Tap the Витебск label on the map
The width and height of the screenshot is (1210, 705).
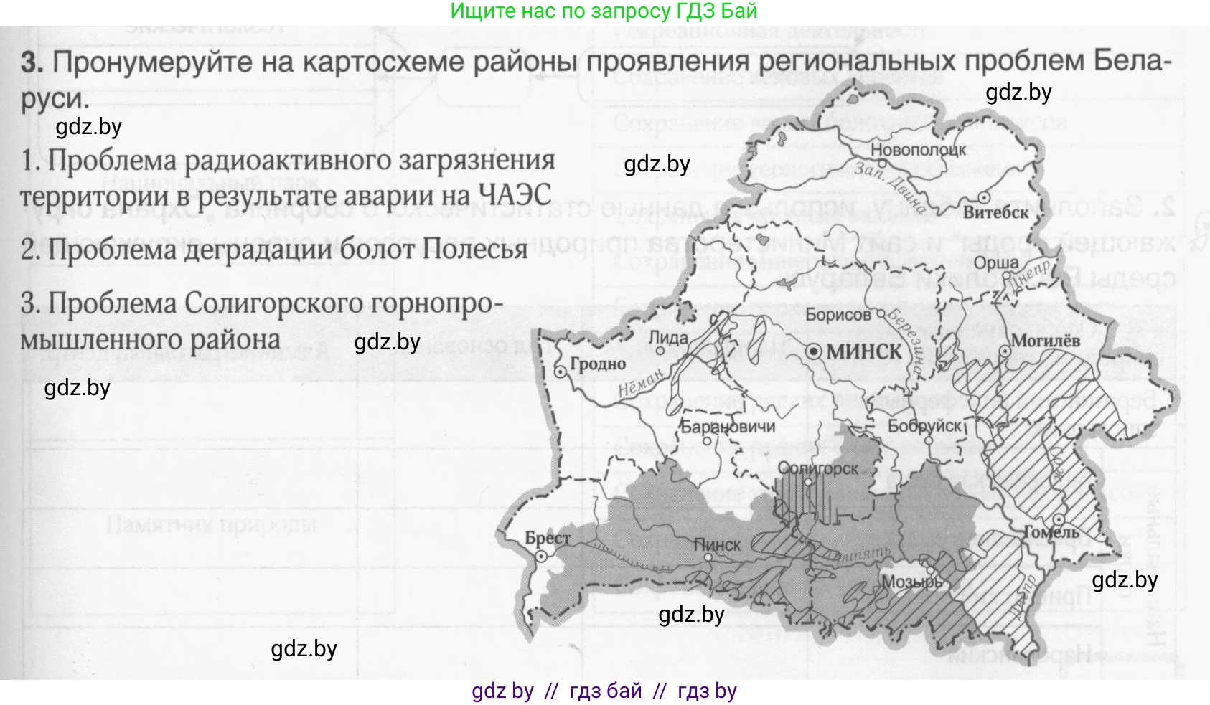click(995, 212)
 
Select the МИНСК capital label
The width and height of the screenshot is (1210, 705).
click(864, 351)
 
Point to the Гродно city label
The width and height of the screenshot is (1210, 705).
click(597, 364)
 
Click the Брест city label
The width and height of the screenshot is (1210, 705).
click(548, 538)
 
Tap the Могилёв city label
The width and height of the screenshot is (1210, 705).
click(1045, 341)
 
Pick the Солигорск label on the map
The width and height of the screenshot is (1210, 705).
click(818, 468)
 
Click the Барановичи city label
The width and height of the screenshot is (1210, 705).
click(728, 427)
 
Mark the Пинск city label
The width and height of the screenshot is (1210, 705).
click(717, 545)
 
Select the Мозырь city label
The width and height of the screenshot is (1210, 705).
click(911, 582)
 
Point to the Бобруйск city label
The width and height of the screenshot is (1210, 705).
click(924, 426)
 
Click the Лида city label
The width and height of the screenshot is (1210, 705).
click(667, 337)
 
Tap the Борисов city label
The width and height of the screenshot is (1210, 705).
click(838, 314)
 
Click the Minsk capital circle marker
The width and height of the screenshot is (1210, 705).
click(814, 352)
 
